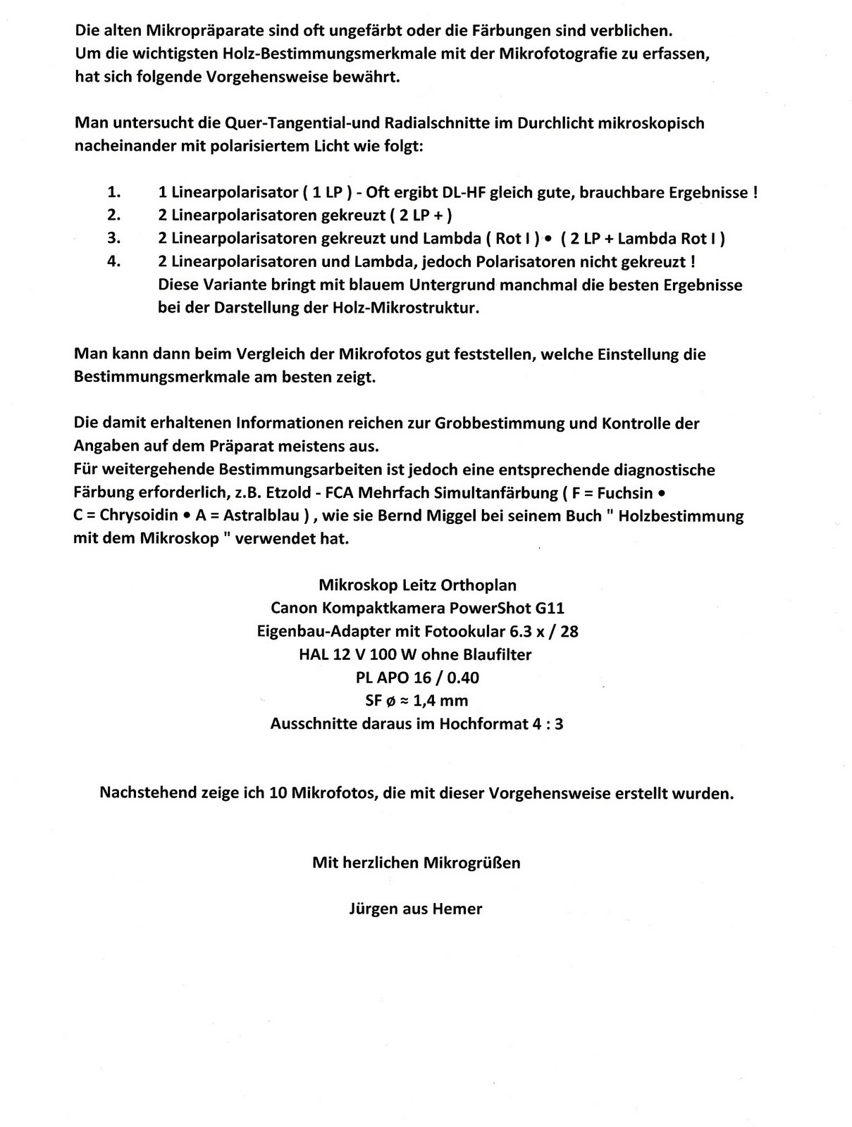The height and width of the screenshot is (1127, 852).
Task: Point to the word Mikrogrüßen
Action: (x=471, y=862)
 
